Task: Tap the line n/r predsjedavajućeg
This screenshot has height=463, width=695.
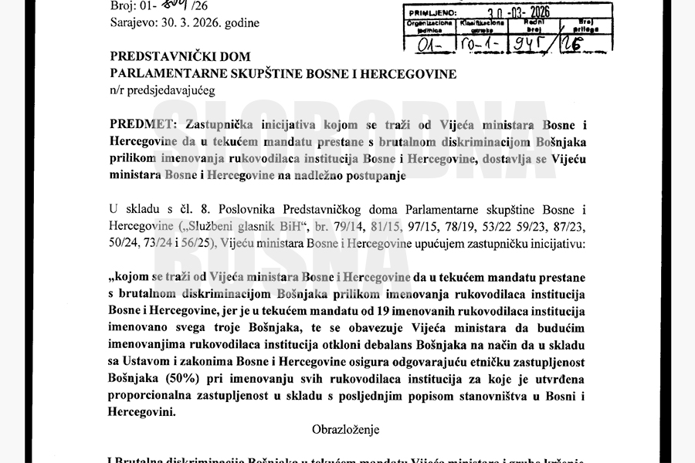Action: [161, 90]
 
